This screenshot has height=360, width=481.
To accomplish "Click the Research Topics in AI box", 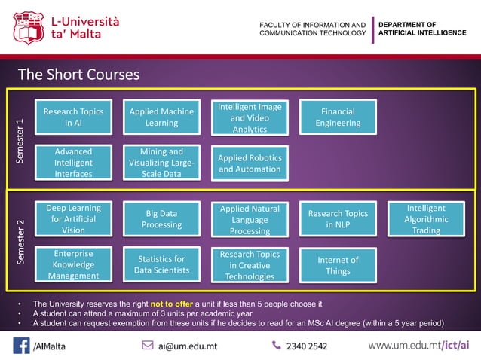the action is click(x=73, y=117).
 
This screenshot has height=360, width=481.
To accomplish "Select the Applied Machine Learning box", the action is click(x=161, y=117).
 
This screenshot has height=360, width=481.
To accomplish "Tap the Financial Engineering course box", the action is click(x=338, y=117).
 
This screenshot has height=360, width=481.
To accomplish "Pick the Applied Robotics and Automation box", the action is click(x=250, y=163).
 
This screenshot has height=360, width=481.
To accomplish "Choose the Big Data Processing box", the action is click(x=161, y=219).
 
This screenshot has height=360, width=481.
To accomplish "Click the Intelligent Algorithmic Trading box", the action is click(x=426, y=219).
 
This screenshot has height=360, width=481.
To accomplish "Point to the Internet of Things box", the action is click(x=338, y=265).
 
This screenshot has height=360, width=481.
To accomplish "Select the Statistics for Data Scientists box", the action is click(x=161, y=265).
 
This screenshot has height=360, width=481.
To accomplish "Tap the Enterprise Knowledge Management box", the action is click(x=73, y=265).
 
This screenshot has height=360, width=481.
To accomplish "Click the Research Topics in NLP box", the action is click(x=338, y=219).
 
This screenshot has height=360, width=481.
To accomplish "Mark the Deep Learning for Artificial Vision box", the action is click(x=73, y=219).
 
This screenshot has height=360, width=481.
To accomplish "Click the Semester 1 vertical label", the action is click(x=20, y=141).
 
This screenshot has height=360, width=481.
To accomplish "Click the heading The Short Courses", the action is click(x=78, y=75).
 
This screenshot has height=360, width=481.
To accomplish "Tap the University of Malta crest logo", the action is click(x=29, y=28).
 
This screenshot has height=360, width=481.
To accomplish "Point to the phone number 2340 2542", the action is click(x=306, y=346).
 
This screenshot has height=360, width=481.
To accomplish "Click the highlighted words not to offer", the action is click(x=172, y=304).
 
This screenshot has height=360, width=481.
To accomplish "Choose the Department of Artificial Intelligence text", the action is click(x=422, y=29).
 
